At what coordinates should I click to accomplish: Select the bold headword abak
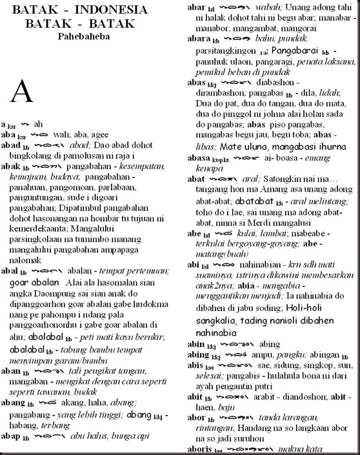(11, 166)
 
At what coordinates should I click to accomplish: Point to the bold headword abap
(12, 436)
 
